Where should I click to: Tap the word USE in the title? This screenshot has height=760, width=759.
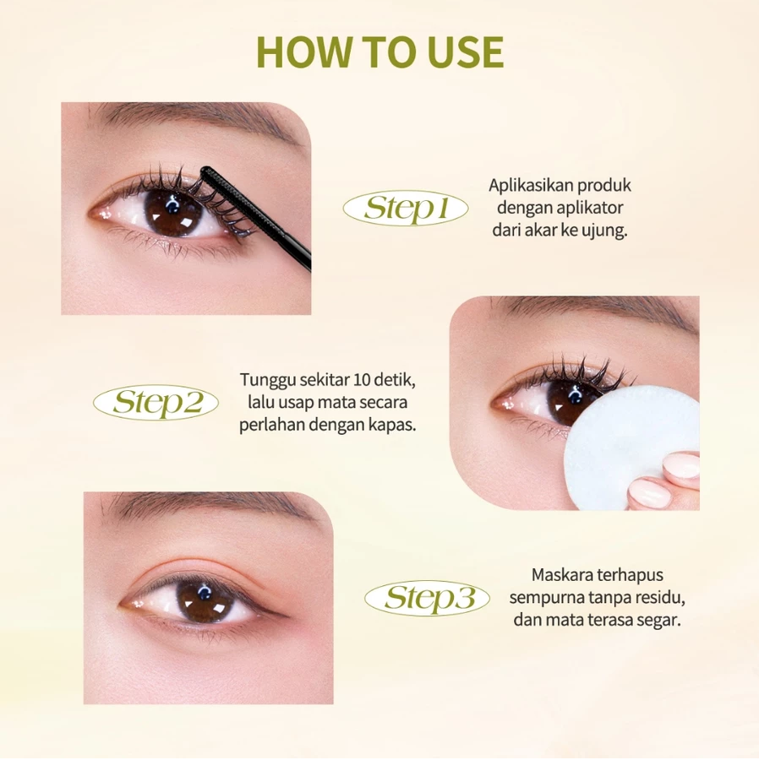466,52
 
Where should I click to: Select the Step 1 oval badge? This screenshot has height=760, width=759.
406,209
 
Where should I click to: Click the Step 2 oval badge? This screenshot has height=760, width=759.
156,402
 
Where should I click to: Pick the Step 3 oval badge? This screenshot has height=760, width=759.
428,598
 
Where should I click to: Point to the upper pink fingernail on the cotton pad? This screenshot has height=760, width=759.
682,467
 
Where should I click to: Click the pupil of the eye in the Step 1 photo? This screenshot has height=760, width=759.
172,211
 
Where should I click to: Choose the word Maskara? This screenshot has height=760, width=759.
563,575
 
